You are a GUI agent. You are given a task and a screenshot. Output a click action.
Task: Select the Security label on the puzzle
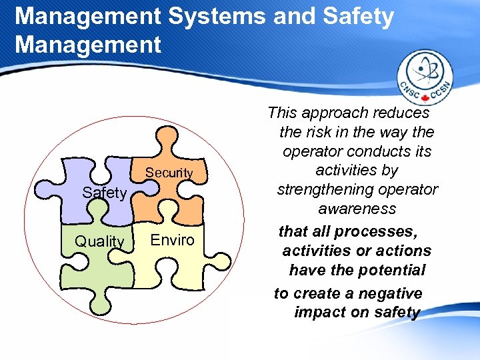click(169, 173)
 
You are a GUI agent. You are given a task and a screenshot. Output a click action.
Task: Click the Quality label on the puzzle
click(100, 241)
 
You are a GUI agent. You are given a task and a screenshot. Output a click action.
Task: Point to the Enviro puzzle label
click(173, 240)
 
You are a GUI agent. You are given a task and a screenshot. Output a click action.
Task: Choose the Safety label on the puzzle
click(104, 193)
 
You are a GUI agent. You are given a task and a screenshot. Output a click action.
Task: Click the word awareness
click(357, 209)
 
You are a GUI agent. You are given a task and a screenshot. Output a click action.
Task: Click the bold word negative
click(391, 293)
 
